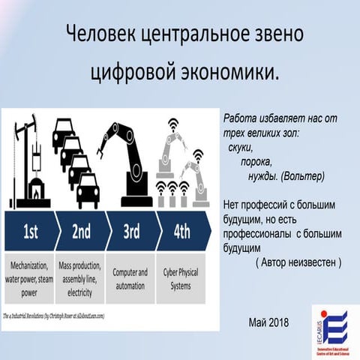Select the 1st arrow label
(30, 232)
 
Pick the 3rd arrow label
(131, 232)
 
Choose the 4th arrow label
(181, 232)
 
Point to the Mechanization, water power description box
(30, 278)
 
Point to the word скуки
(239, 148)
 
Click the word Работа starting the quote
(240, 120)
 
